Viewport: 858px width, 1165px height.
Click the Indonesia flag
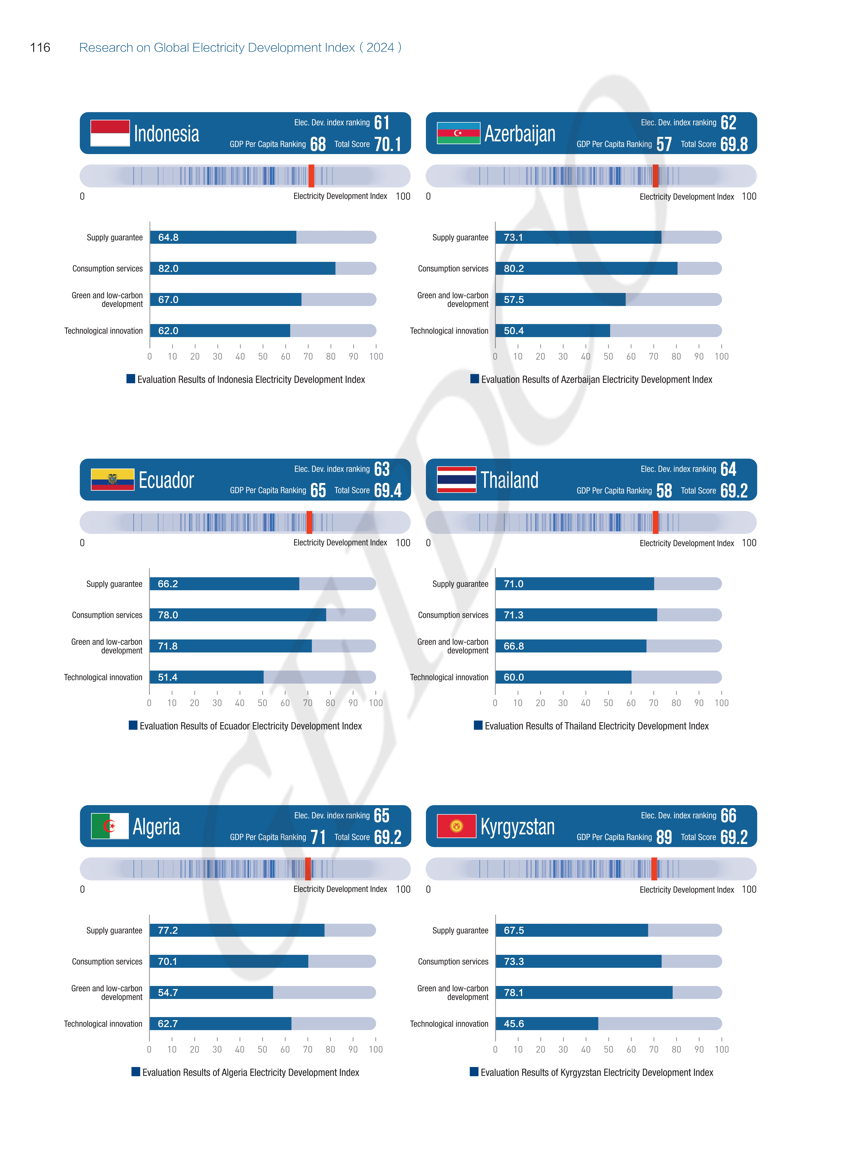point(110,133)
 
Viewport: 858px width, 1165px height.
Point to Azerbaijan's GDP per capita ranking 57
point(664,144)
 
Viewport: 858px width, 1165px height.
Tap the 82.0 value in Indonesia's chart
point(168,269)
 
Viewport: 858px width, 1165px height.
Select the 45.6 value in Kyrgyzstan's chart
point(514,1024)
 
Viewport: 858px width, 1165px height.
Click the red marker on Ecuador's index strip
point(309,522)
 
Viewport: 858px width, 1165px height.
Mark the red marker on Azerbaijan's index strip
point(655,176)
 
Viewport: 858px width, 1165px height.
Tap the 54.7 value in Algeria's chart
point(168,992)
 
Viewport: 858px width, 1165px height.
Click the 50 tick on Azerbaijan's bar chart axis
point(608,356)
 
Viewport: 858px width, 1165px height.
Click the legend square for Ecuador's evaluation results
point(133,725)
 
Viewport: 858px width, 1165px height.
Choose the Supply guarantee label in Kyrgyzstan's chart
point(460,930)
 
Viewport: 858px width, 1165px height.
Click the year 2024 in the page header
point(380,48)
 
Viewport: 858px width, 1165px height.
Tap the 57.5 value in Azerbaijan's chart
point(514,300)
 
